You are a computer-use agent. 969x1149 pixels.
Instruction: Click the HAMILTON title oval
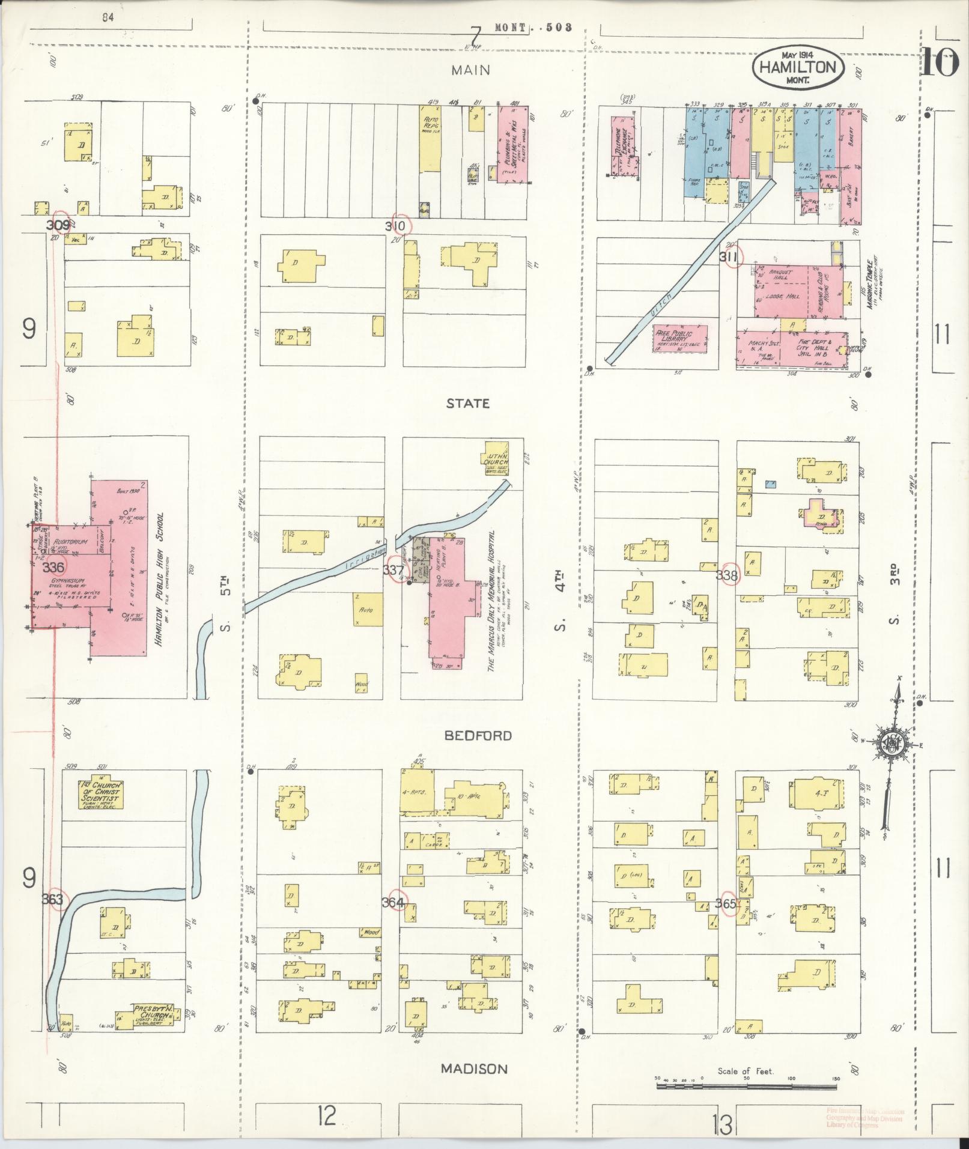click(797, 67)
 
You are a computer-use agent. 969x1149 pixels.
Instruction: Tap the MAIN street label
click(471, 70)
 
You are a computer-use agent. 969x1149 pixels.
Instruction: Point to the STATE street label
click(467, 404)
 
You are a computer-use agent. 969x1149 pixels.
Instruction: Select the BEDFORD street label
click(478, 736)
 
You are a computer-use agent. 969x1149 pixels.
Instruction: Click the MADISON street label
click(474, 1069)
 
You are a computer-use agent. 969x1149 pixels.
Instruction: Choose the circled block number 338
click(731, 574)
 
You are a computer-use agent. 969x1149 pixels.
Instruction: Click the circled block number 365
click(728, 903)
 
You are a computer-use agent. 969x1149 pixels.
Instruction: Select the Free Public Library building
click(680, 339)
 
